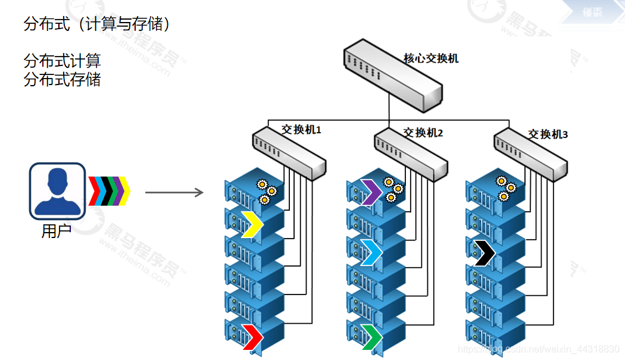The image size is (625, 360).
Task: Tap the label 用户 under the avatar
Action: click(x=57, y=231)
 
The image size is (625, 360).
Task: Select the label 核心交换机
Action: click(x=431, y=58)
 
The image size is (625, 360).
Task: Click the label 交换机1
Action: click(x=301, y=129)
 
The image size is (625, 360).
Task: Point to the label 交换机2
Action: click(x=423, y=132)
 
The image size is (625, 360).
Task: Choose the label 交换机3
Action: click(x=548, y=134)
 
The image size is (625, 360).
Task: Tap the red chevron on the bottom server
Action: click(x=252, y=335)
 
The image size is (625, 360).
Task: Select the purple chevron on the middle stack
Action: click(x=372, y=192)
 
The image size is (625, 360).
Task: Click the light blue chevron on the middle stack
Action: click(x=371, y=252)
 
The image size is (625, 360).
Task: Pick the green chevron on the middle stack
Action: click(x=372, y=336)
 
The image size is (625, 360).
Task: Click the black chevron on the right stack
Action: click(x=485, y=253)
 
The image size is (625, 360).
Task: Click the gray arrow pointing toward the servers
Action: click(x=174, y=192)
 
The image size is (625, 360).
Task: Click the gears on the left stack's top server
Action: click(x=265, y=191)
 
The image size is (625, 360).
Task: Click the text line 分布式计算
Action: click(x=62, y=60)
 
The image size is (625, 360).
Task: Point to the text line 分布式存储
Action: click(x=62, y=79)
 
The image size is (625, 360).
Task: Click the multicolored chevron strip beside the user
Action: click(x=109, y=191)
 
